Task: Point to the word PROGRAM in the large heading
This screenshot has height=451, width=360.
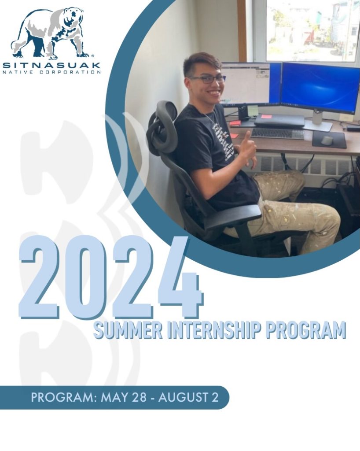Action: (x=305, y=330)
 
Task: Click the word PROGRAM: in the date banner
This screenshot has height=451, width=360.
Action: (x=64, y=397)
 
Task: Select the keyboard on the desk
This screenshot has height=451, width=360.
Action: (x=277, y=133)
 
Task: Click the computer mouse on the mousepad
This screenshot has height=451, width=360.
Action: (x=327, y=140)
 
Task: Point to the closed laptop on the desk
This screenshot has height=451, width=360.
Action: (x=279, y=120)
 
